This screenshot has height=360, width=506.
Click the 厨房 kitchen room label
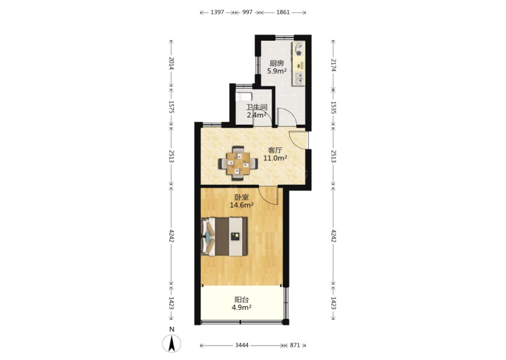pos(277,63)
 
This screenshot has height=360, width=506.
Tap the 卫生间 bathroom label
pos(257,107)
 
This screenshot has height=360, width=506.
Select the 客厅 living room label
pos(275,150)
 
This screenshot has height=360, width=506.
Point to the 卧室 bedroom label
pos(242,197)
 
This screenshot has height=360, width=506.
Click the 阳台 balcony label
pos(242,300)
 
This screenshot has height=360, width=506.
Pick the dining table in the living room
pos(238,163)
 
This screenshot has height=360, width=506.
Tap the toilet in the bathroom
pos(244,97)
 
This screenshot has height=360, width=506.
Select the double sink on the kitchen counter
pos(299,78)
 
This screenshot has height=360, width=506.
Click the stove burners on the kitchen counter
pos(299,49)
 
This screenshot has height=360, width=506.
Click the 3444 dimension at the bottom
pos(241,345)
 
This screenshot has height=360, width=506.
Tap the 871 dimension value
pos(295,345)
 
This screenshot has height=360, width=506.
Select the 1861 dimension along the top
pos(283,12)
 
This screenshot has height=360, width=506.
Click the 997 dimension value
pos(247,12)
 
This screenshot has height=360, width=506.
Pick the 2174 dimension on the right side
pos(333,65)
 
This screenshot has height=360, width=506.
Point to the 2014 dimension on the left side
pos(171,64)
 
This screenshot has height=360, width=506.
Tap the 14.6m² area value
pos(241,205)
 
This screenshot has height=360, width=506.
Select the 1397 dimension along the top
pos(217,12)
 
